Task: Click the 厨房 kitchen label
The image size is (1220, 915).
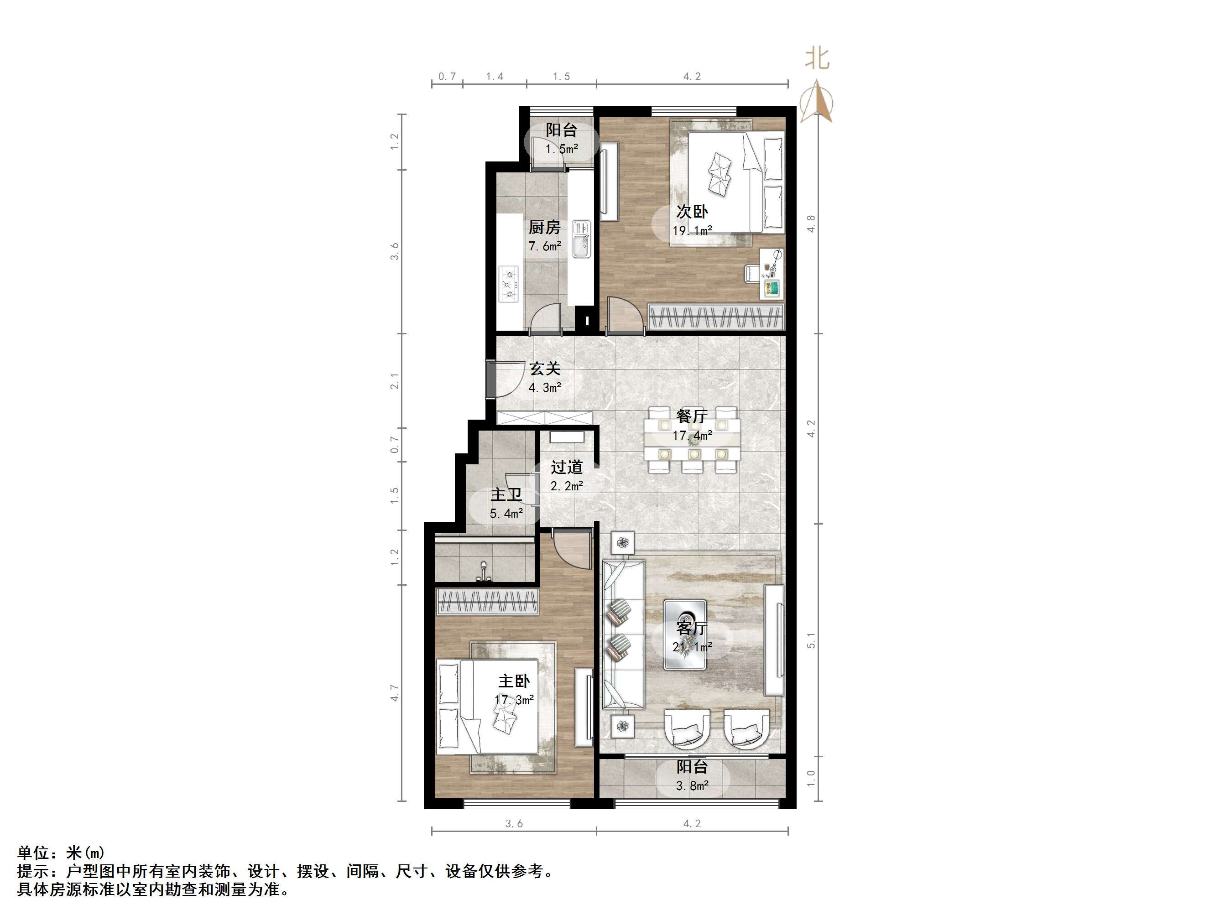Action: [x=544, y=227]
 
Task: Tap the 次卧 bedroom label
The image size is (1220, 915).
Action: [x=692, y=211]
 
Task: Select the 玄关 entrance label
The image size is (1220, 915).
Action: [x=545, y=369]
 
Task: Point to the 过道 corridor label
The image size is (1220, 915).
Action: [x=567, y=467]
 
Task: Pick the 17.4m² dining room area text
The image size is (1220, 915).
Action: [x=692, y=436]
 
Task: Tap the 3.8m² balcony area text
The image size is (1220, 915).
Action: [x=692, y=785]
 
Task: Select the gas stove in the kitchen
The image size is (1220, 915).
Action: [x=509, y=284]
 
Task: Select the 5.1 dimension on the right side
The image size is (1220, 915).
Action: [x=810, y=640]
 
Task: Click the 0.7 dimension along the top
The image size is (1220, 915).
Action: [x=447, y=76]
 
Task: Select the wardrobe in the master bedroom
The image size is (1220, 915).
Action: [x=487, y=601]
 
